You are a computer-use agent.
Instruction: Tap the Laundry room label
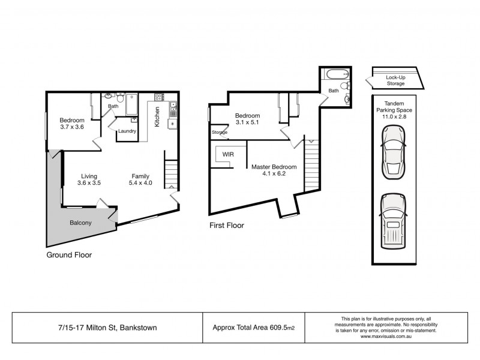pos(127,131)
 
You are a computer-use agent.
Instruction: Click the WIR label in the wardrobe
pos(228,154)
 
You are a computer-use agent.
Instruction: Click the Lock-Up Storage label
pos(395,80)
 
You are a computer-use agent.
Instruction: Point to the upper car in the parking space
pos(394,155)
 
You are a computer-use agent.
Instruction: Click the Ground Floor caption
pos(69,254)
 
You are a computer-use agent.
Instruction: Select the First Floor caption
pos(227,226)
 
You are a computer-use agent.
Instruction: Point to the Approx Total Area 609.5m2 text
pos(254,327)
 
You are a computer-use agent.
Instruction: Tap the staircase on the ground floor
pos(171,175)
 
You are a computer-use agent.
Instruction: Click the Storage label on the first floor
pos(220,132)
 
